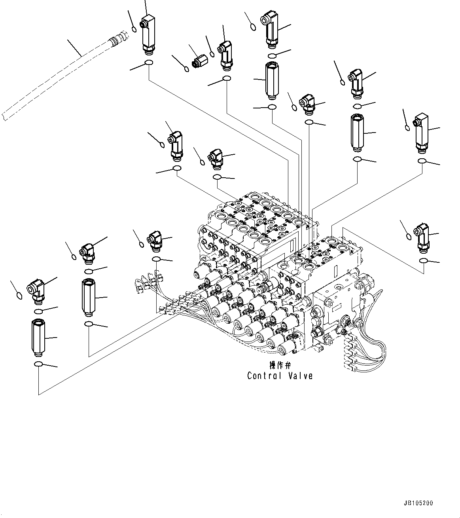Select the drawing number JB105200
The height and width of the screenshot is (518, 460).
(418, 503)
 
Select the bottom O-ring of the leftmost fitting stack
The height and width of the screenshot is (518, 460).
(38, 364)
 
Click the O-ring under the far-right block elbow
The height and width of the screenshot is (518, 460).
(422, 161)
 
